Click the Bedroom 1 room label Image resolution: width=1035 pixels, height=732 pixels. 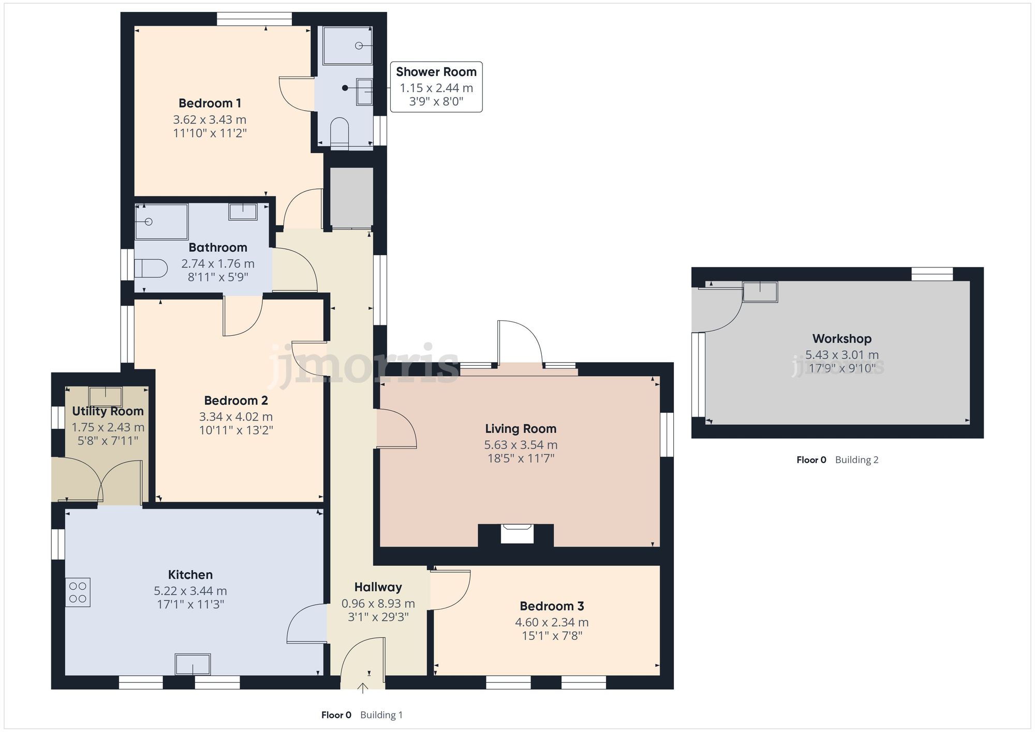(210, 103)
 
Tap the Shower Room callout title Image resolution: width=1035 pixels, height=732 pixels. (436, 72)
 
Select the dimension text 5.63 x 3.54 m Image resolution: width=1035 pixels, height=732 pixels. (521, 445)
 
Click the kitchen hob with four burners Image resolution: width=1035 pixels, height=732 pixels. (78, 592)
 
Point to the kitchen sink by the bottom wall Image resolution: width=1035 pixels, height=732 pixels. (193, 665)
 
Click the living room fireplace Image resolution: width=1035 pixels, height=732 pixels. (516, 534)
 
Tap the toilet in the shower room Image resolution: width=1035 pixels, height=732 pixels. (339, 132)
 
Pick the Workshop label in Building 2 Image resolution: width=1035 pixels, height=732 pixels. (841, 339)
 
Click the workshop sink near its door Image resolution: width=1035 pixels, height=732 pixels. (760, 292)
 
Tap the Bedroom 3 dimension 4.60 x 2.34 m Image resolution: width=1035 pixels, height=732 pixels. (552, 622)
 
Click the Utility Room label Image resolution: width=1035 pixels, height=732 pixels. (108, 411)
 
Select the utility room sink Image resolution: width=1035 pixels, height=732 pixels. (106, 397)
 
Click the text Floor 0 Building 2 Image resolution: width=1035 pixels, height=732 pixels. (837, 460)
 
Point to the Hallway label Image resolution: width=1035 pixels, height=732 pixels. (378, 587)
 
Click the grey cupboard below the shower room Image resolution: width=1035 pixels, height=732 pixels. (352, 196)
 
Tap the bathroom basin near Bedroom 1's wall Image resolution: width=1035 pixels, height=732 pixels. (243, 212)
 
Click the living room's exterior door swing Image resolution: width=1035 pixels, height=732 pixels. (520, 344)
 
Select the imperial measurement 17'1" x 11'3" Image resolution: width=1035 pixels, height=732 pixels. (190, 604)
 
